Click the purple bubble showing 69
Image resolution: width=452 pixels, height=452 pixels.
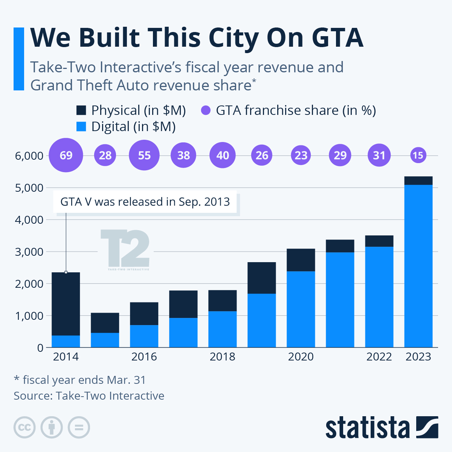(x=66, y=155)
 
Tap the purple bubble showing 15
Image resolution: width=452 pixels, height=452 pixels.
(x=418, y=155)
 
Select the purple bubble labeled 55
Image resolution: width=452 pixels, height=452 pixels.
(x=144, y=155)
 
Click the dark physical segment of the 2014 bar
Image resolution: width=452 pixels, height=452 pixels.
(x=66, y=303)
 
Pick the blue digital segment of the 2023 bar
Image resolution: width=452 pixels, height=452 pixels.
(x=418, y=266)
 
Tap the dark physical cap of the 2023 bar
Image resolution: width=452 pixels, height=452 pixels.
(x=418, y=180)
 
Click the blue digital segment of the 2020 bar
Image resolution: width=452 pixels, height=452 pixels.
(x=301, y=309)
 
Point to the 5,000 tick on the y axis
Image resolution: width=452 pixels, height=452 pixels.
(x=29, y=188)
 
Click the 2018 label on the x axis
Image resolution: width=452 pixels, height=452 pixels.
(x=222, y=356)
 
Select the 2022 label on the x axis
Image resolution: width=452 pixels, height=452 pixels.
(x=379, y=356)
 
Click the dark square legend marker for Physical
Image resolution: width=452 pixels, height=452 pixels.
(x=81, y=110)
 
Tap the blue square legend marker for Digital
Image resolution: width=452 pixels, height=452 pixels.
(x=81, y=127)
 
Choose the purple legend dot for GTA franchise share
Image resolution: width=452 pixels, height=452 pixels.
(x=206, y=110)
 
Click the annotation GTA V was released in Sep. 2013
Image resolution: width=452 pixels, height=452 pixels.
(x=145, y=202)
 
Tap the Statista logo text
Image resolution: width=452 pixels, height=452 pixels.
(x=367, y=428)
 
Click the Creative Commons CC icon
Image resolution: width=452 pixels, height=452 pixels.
(x=24, y=428)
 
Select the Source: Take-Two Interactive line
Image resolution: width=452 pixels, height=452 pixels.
(x=89, y=395)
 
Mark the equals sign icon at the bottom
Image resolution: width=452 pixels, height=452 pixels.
(x=79, y=428)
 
